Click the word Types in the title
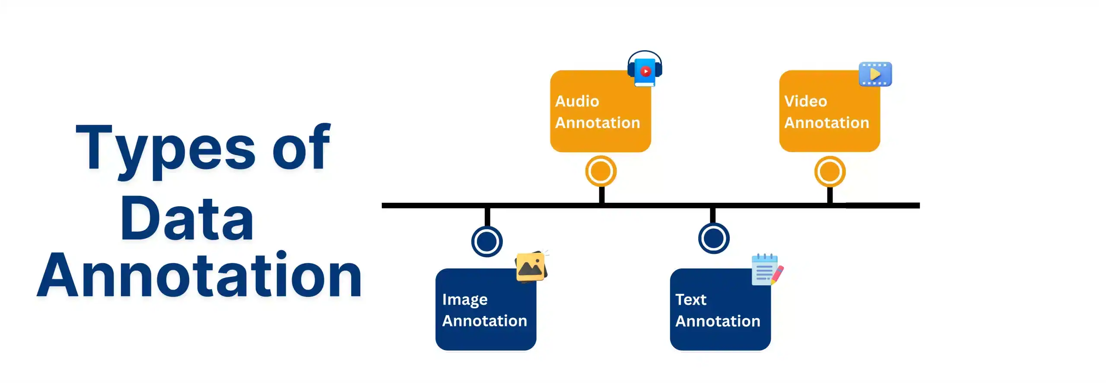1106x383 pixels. (166, 149)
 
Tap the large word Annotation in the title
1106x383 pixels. (200, 276)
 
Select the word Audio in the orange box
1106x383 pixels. (577, 101)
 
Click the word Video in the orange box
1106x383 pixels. (805, 101)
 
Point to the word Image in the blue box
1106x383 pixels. (464, 300)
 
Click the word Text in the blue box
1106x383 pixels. (690, 300)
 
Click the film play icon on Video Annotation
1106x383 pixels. (875, 74)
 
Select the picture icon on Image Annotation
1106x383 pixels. (531, 267)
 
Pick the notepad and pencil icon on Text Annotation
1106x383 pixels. (766, 270)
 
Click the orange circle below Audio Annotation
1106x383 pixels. (601, 171)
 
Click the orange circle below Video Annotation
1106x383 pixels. (829, 172)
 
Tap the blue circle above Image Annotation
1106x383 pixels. (486, 241)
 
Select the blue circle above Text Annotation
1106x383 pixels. (713, 238)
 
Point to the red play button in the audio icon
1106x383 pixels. (645, 71)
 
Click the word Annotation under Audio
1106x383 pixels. (597, 123)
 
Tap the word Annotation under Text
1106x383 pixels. (717, 321)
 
